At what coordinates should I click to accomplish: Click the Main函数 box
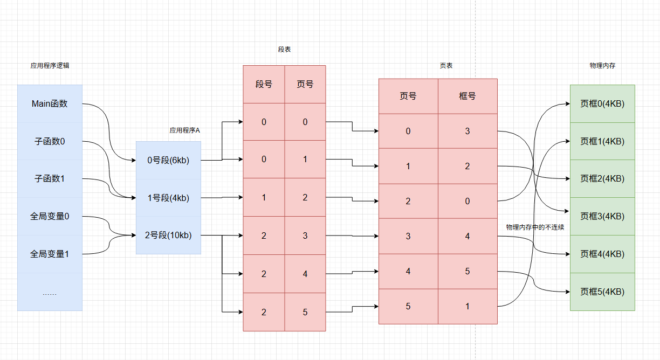50,104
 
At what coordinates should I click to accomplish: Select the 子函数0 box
50,142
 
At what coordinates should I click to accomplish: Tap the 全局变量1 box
50,254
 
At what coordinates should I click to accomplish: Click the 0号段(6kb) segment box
168,160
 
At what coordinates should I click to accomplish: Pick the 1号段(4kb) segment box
168,198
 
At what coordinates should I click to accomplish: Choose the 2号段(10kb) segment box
168,235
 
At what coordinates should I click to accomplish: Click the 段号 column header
264,84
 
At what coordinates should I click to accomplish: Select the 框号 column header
467,96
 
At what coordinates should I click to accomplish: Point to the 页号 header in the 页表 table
408,96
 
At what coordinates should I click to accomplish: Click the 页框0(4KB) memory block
602,104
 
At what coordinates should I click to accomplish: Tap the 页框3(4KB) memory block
602,216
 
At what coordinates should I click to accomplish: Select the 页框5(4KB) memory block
602,292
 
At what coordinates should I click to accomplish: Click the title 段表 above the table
285,49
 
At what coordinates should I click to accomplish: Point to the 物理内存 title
603,65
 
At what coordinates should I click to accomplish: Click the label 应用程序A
184,130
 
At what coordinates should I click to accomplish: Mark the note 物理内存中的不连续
535,227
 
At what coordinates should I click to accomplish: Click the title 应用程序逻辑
50,65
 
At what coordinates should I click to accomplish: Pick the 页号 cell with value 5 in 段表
305,312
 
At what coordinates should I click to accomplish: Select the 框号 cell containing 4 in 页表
467,236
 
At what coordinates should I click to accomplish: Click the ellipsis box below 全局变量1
50,293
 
